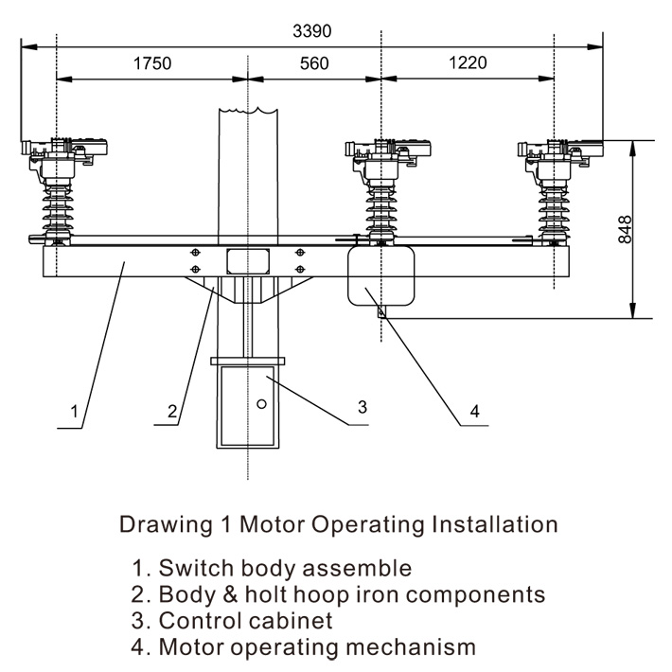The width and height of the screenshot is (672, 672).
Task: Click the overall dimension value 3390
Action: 313,31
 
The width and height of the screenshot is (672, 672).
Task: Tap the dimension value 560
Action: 313,64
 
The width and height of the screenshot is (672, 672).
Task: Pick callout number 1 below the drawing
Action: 73,413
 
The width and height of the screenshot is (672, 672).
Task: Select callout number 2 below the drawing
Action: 171,412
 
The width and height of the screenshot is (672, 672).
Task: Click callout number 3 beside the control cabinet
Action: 362,407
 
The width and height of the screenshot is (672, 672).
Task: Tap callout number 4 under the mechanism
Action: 475,412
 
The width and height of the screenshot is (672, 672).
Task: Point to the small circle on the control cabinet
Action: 262,403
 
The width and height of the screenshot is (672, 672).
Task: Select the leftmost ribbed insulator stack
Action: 57,204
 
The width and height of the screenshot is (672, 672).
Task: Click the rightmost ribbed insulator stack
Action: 554,204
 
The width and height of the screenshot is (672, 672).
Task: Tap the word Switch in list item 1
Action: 189,569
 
